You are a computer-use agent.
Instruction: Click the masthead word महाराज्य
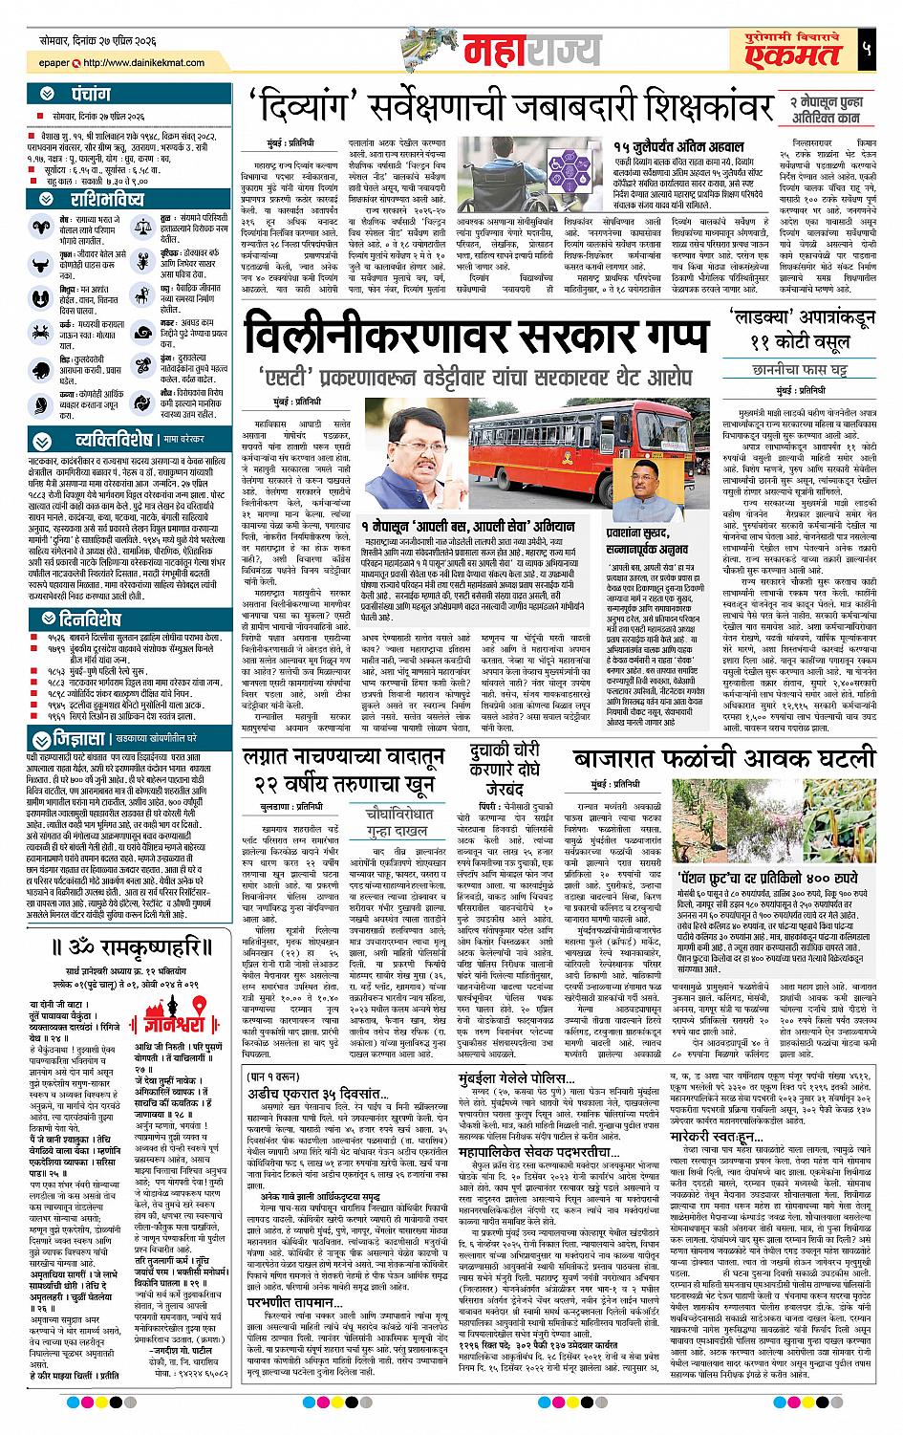[x=524, y=48]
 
